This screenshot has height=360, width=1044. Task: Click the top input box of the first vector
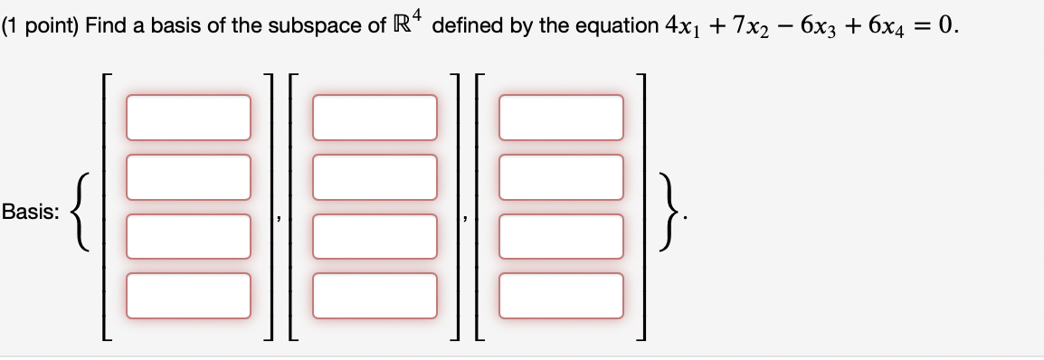coord(188,118)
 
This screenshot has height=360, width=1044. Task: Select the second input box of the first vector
coord(188,176)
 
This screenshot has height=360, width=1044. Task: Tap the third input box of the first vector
coord(188,236)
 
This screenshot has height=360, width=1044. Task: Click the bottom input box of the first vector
coord(188,296)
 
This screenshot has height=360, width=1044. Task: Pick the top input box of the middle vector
coord(375,118)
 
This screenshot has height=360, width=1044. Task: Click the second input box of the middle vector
coord(375,176)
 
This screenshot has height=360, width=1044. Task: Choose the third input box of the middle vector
coord(375,236)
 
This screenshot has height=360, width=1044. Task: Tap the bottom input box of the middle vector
coord(375,296)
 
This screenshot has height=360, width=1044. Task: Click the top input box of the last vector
coord(561,118)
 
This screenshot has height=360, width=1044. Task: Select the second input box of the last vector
coord(561,176)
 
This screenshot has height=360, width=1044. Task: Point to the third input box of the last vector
coord(561,236)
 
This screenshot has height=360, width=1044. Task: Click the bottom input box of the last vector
coord(561,296)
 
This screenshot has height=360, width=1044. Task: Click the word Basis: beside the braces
coord(32,213)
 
